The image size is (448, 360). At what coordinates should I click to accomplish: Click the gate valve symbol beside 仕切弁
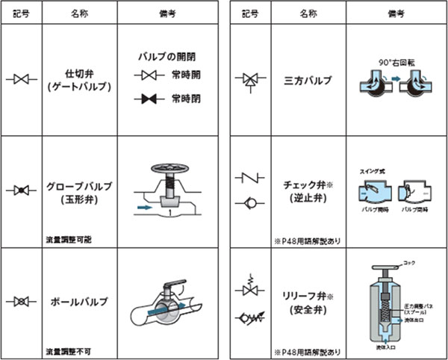tap(21, 78)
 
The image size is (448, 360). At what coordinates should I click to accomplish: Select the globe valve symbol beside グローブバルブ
tap(21, 191)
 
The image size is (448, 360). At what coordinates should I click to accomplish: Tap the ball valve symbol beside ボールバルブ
tap(21, 302)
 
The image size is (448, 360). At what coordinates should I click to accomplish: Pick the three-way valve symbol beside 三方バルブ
tap(249, 78)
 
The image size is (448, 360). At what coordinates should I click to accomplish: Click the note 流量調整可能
tap(67, 240)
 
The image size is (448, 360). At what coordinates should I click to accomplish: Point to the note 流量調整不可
tap(67, 350)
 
